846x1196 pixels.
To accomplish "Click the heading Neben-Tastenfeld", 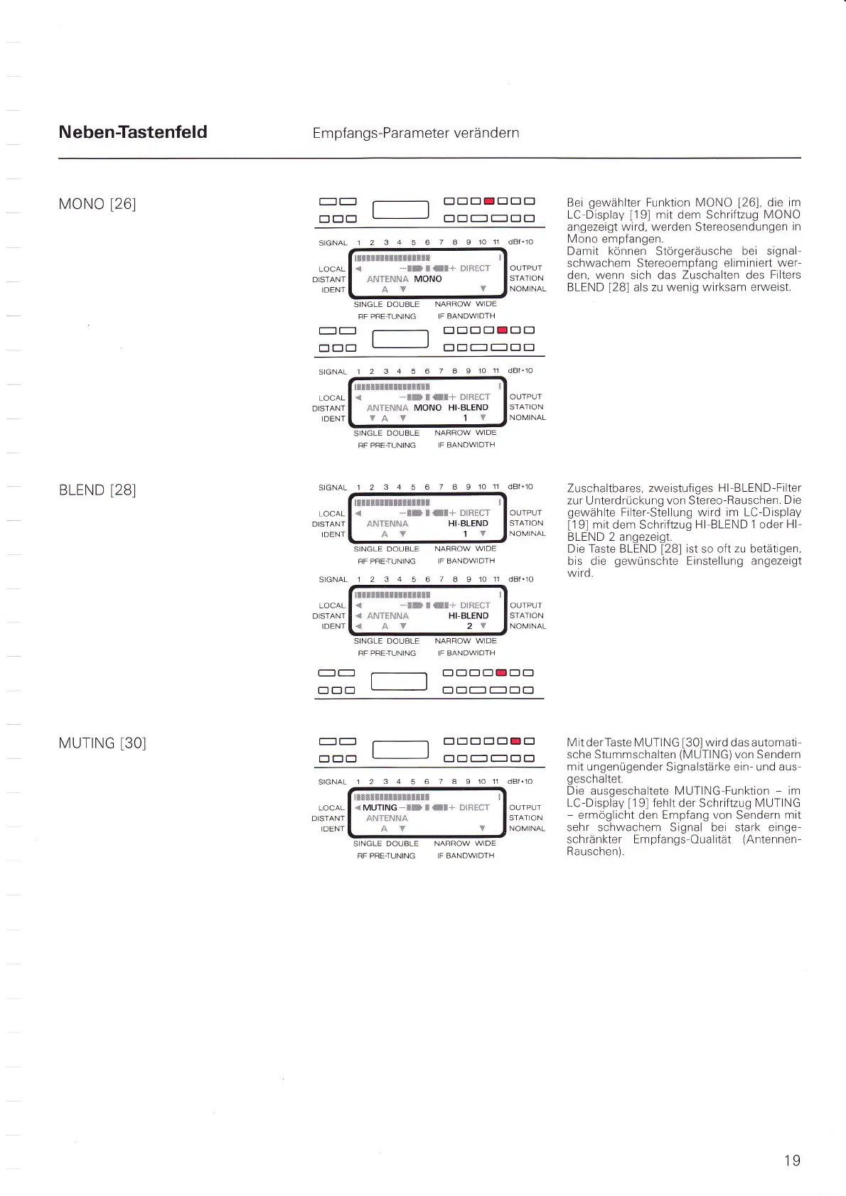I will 133,132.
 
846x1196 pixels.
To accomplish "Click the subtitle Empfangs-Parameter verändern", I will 416,133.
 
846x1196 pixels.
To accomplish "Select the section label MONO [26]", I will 97,204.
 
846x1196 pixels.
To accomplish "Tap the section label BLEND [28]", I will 97,490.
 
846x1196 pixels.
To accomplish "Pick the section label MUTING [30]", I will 102,743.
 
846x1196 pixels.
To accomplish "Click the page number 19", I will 792,1160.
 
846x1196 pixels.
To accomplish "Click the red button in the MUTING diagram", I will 516,742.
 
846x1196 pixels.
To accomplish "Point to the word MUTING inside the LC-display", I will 380,808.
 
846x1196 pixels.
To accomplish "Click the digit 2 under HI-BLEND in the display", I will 469,626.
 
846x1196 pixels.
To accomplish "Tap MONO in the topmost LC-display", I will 428,279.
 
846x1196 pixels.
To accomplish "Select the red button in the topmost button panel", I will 489,201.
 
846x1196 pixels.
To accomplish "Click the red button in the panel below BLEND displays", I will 502,672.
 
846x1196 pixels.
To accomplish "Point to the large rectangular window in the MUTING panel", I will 401,750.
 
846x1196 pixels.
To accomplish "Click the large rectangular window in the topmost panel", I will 401,210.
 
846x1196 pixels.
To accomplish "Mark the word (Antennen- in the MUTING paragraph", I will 771,839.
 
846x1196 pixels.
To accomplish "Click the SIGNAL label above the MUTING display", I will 332,782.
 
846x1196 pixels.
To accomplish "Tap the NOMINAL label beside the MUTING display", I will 527,829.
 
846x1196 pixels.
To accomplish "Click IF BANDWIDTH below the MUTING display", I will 466,856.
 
